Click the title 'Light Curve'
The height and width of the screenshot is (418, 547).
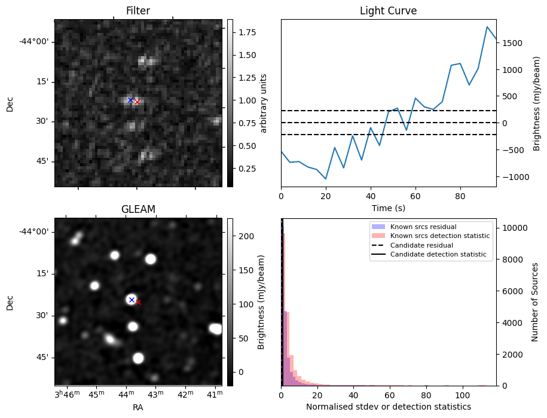(x=388, y=11)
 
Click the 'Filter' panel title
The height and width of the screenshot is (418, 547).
(x=138, y=11)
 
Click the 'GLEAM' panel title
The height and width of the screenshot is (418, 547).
(x=138, y=209)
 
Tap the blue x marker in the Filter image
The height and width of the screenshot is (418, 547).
(x=130, y=100)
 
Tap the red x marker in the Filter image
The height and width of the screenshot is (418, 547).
(x=137, y=102)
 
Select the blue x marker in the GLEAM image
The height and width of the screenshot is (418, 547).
(x=132, y=300)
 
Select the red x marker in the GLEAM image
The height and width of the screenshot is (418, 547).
(x=138, y=303)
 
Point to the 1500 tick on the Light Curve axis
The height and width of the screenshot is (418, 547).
(x=512, y=43)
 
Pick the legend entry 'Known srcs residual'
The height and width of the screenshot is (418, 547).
(x=423, y=227)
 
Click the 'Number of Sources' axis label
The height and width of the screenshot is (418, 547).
(x=535, y=302)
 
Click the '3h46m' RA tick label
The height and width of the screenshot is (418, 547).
(x=67, y=394)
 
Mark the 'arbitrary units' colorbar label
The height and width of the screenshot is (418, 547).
(x=264, y=103)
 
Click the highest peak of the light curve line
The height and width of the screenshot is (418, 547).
(x=487, y=27)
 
